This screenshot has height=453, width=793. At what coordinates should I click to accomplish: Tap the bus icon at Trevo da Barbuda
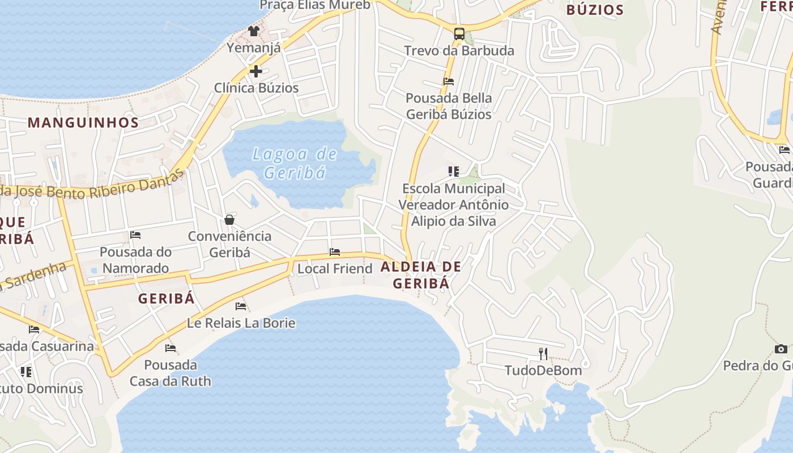459,33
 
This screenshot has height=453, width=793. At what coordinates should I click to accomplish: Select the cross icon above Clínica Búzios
256,71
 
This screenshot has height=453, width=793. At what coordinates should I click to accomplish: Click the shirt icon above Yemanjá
253,31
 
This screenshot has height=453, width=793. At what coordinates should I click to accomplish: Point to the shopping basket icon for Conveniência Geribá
229,220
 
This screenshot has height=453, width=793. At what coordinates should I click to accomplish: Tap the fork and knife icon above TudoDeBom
543,354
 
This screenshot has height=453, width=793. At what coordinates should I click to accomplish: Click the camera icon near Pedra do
781,349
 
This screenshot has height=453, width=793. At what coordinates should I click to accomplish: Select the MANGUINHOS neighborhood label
83,122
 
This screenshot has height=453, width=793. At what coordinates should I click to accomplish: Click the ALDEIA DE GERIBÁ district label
421,275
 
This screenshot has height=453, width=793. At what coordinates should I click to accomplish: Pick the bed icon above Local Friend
335,252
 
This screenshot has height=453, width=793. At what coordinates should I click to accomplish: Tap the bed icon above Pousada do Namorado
135,235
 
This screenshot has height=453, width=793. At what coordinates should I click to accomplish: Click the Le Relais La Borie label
241,323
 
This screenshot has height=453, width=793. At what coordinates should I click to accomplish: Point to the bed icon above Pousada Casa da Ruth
170,348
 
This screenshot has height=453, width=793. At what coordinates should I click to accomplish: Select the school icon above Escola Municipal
453,171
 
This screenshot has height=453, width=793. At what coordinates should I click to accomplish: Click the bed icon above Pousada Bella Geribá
449,82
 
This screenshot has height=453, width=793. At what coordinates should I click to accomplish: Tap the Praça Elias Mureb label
315,6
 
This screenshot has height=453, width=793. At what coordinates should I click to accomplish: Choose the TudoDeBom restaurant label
543,370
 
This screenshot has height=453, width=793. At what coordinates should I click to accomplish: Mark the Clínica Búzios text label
256,88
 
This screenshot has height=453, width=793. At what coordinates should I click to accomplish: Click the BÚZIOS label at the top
595,10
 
